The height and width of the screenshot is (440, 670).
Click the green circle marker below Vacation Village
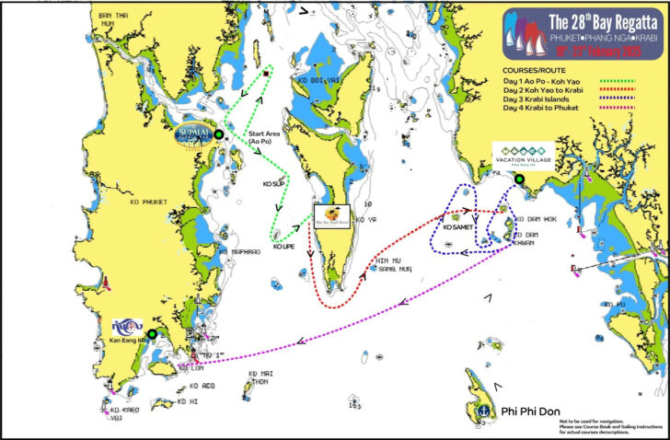point(520,179)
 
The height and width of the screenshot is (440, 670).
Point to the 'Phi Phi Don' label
point(531,411)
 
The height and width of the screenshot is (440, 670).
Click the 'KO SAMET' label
point(458,227)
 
